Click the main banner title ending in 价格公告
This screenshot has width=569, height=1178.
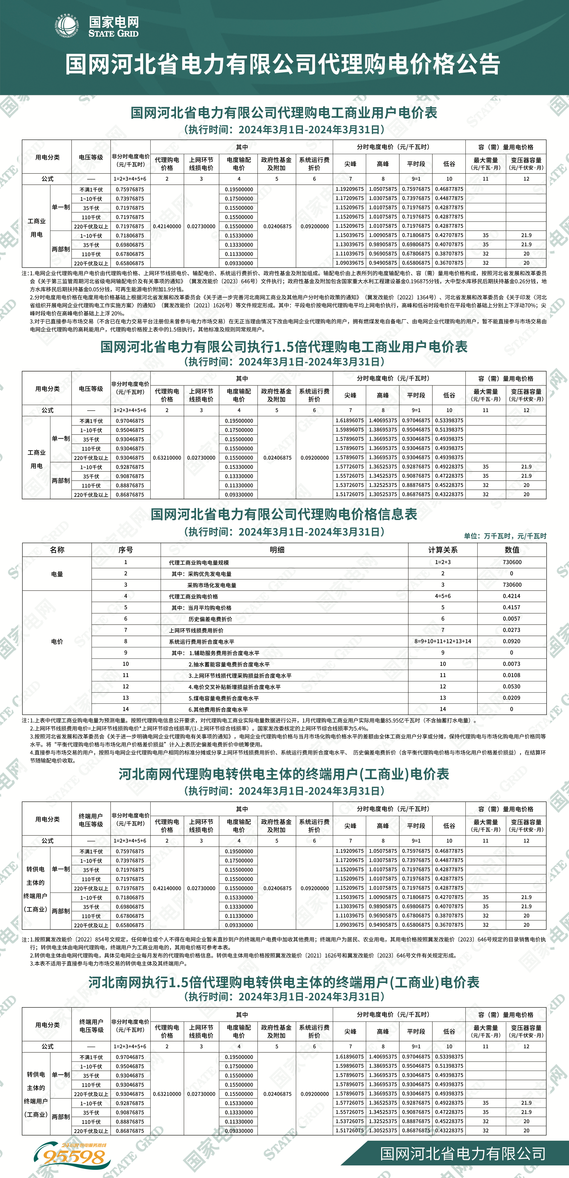coord(283,64)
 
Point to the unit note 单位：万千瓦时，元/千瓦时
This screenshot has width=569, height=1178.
coord(505,536)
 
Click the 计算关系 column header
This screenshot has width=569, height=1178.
coord(442,550)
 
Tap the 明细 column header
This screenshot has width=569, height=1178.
coord(277,550)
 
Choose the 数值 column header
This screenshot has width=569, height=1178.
coord(511,550)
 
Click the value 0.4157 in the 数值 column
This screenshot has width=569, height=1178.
coord(511,607)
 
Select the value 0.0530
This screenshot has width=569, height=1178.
coord(511,686)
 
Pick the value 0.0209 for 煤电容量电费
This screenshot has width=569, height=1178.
coord(511,698)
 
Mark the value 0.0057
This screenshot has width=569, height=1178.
coord(511,619)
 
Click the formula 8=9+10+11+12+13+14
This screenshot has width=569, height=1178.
coord(442,641)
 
